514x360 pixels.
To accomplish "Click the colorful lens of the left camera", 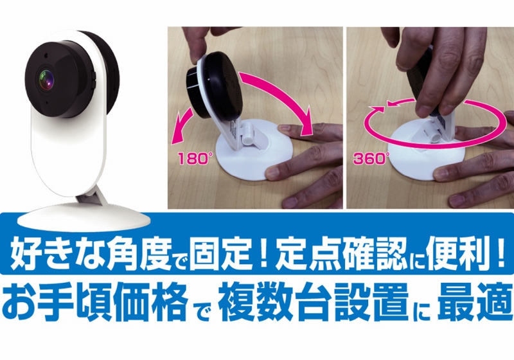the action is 46,80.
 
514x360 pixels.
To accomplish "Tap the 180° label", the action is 194,159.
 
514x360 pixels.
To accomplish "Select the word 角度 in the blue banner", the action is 138,254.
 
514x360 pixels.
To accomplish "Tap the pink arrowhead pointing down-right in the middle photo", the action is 306,126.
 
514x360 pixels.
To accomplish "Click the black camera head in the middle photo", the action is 215,85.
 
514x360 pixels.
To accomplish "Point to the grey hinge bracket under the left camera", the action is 93,199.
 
